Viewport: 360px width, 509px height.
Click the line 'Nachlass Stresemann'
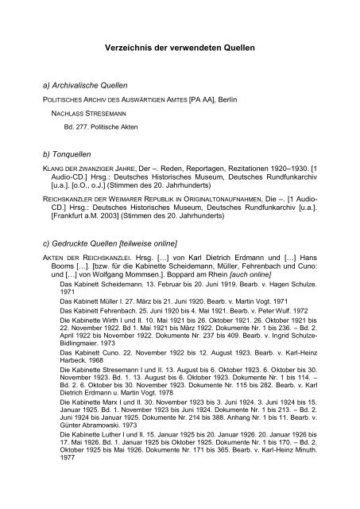(80, 111)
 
